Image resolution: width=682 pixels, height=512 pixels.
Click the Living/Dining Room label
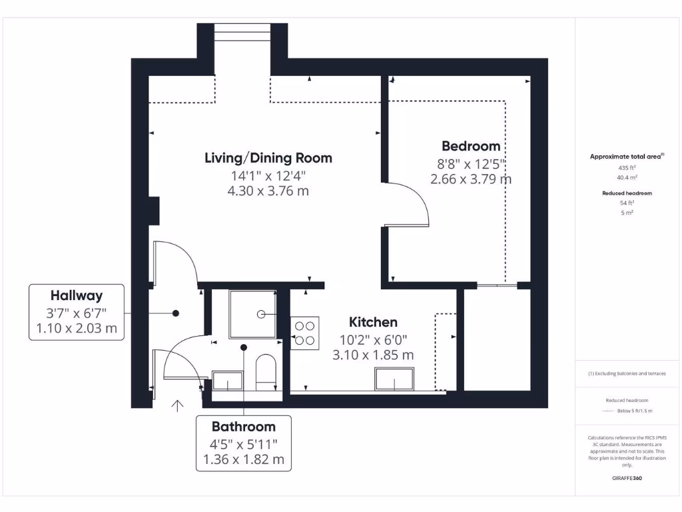click(x=268, y=158)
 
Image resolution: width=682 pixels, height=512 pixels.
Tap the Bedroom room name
click(x=471, y=146)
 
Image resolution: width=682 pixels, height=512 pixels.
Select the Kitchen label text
click(x=373, y=323)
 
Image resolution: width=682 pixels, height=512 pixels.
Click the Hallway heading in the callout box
click(x=77, y=295)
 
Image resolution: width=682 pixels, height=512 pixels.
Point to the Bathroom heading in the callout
click(x=243, y=427)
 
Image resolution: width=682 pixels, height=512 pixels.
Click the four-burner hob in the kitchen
click(x=304, y=333)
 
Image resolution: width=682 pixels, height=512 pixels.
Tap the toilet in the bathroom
click(x=266, y=371)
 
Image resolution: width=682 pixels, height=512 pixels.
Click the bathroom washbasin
click(x=227, y=381)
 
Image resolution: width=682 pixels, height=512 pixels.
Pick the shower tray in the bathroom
click(x=252, y=313)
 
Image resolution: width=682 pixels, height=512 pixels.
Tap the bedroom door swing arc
click(x=420, y=200)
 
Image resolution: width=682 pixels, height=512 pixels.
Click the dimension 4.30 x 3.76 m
click(x=268, y=191)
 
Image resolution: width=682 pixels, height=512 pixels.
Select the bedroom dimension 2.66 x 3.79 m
click(x=471, y=179)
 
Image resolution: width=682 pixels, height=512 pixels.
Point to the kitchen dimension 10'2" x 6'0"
click(x=373, y=339)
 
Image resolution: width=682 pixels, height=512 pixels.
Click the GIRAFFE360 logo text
click(x=627, y=478)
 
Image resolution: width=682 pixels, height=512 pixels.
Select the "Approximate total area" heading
click(x=626, y=157)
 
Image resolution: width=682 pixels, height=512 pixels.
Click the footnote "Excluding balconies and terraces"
click(x=627, y=374)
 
